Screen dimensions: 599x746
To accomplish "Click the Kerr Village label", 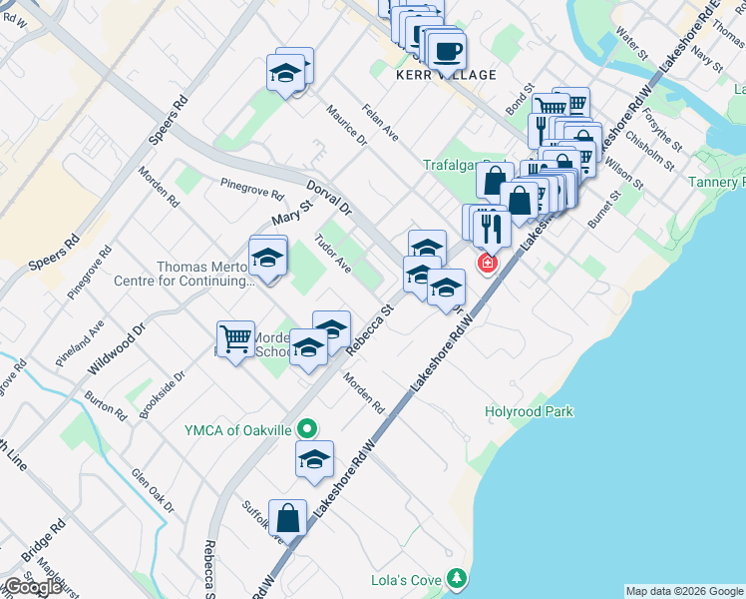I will [432, 75].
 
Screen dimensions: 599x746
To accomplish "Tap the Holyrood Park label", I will [529, 411].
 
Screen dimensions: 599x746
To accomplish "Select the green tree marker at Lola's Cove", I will [457, 578].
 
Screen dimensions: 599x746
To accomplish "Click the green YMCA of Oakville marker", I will [308, 429].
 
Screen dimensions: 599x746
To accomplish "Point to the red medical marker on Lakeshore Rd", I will [487, 263].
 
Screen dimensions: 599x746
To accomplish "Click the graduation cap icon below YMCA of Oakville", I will [314, 459].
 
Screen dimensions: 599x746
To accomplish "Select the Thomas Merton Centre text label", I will [205, 274].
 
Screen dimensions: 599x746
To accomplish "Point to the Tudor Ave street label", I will [332, 255].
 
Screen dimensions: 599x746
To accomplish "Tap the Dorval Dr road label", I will [329, 197].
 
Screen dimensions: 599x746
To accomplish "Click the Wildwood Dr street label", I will [116, 347].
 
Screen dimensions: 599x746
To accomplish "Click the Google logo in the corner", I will [33, 587].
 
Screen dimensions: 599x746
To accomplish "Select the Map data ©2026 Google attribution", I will [684, 591].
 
